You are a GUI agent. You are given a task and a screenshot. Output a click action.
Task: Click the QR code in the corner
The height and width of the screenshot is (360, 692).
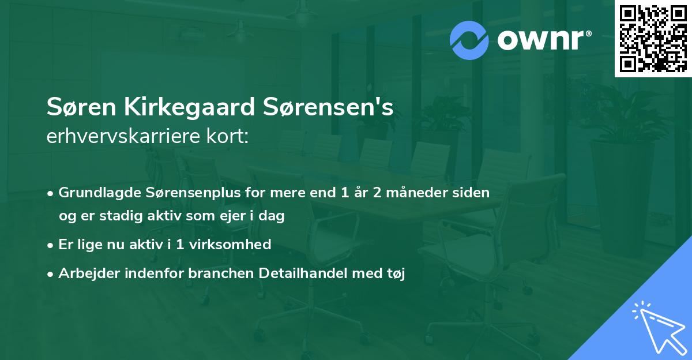pyautogui.click(x=652, y=38)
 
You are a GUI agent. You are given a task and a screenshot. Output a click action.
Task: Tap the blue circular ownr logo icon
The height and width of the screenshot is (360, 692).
pyautogui.click(x=469, y=40)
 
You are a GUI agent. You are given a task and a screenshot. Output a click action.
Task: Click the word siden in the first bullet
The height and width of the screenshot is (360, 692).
pyautogui.click(x=472, y=193)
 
